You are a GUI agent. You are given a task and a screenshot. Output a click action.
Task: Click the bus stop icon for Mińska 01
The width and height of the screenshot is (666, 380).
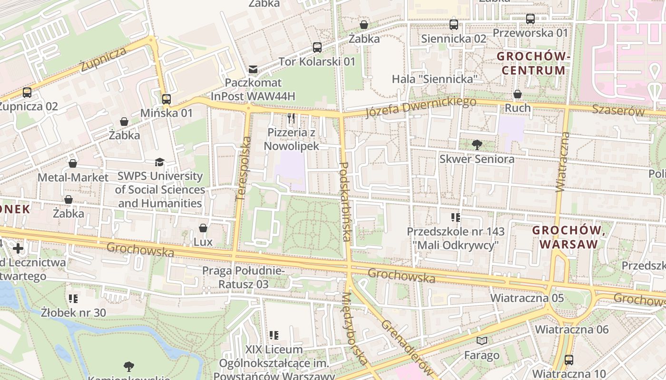point(166,99)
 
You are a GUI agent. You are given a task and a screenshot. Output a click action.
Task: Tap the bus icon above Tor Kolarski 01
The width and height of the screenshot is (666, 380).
point(317,47)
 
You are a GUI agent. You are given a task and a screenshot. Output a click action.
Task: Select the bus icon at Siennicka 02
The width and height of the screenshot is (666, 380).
point(454,25)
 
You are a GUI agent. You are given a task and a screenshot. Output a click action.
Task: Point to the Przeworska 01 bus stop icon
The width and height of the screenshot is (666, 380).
point(530,19)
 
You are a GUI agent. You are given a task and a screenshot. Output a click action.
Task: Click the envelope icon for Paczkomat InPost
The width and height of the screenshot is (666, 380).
point(253,70)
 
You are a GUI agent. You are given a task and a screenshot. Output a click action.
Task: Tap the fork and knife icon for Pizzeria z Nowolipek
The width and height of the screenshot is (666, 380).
point(291,118)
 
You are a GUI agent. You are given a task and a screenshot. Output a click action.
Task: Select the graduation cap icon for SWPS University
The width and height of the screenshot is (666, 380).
point(159,162)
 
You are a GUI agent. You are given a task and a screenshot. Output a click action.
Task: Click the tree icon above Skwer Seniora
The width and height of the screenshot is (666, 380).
point(477,145)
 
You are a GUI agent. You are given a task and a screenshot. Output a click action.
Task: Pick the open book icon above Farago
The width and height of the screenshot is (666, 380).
point(482,341)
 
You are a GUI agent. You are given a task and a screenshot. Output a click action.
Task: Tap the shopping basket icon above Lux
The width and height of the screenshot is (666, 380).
point(203,228)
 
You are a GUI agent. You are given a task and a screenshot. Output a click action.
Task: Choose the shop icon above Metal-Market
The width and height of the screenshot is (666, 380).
point(73,163)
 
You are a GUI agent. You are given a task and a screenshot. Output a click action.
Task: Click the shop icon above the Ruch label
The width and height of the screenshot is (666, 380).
point(518,94)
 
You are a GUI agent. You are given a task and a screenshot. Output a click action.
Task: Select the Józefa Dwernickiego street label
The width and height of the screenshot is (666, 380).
point(421,107)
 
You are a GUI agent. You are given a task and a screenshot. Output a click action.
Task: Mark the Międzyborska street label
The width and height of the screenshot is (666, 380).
point(354,328)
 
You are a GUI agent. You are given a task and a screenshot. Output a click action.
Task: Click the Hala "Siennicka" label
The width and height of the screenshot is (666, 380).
point(434,79)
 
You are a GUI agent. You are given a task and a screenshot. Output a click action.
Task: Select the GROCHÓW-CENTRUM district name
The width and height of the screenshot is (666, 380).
point(533,64)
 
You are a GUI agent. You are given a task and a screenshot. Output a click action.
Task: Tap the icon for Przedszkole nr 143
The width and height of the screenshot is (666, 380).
point(456,218)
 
